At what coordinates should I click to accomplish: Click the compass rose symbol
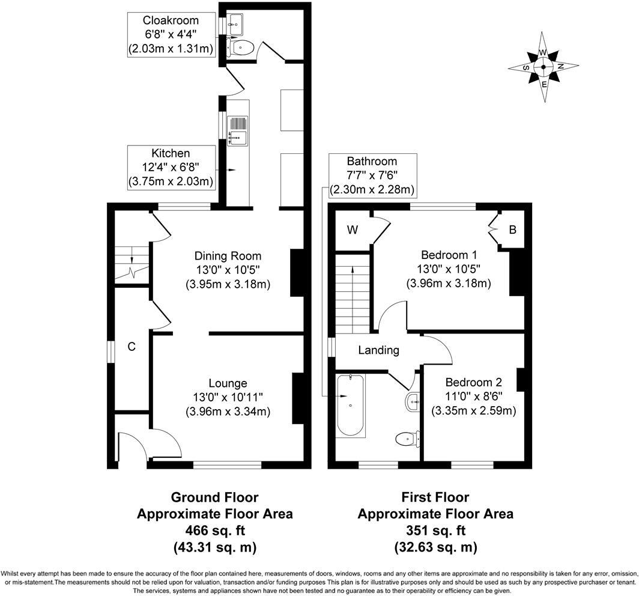point(544,67)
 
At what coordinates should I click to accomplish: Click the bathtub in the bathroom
point(350,406)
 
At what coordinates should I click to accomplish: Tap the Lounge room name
point(228,383)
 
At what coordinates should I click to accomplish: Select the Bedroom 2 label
point(473,383)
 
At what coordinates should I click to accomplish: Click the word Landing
point(379,350)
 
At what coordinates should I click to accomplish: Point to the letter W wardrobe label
point(352,230)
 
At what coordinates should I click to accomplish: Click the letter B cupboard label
point(512,230)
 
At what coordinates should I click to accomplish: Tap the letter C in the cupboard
point(131,347)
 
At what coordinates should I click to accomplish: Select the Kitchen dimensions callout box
point(171,168)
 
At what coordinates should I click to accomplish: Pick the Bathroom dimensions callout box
point(372,175)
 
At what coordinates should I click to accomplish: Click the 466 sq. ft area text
point(214,531)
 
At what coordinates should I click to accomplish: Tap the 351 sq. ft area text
point(435,531)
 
